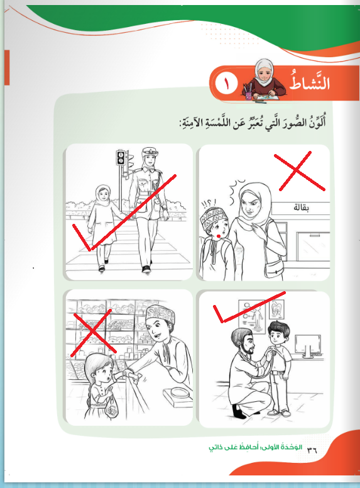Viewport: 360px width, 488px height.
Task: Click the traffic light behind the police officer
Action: [x=121, y=157]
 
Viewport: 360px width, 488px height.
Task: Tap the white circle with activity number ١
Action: [x=226, y=83]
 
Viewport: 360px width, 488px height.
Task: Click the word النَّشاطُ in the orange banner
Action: [x=310, y=81]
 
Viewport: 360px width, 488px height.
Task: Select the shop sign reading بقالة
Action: [x=301, y=208]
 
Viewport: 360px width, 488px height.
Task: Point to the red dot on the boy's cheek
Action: [x=219, y=236]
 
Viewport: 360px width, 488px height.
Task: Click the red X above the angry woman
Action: [x=300, y=171]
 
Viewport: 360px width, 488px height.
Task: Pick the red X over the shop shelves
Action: [x=92, y=333]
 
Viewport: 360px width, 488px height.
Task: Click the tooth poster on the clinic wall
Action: [x=276, y=309]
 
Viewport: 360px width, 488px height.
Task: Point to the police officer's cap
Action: [x=150, y=152]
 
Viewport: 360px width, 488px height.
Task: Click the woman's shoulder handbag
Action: [x=274, y=269]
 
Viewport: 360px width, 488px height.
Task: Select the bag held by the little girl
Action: [x=112, y=409]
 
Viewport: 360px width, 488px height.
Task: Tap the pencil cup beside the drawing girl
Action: [x=248, y=93]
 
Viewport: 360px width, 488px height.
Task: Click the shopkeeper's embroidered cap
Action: [x=160, y=314]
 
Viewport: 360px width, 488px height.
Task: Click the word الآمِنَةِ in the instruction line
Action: [x=193, y=123]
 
